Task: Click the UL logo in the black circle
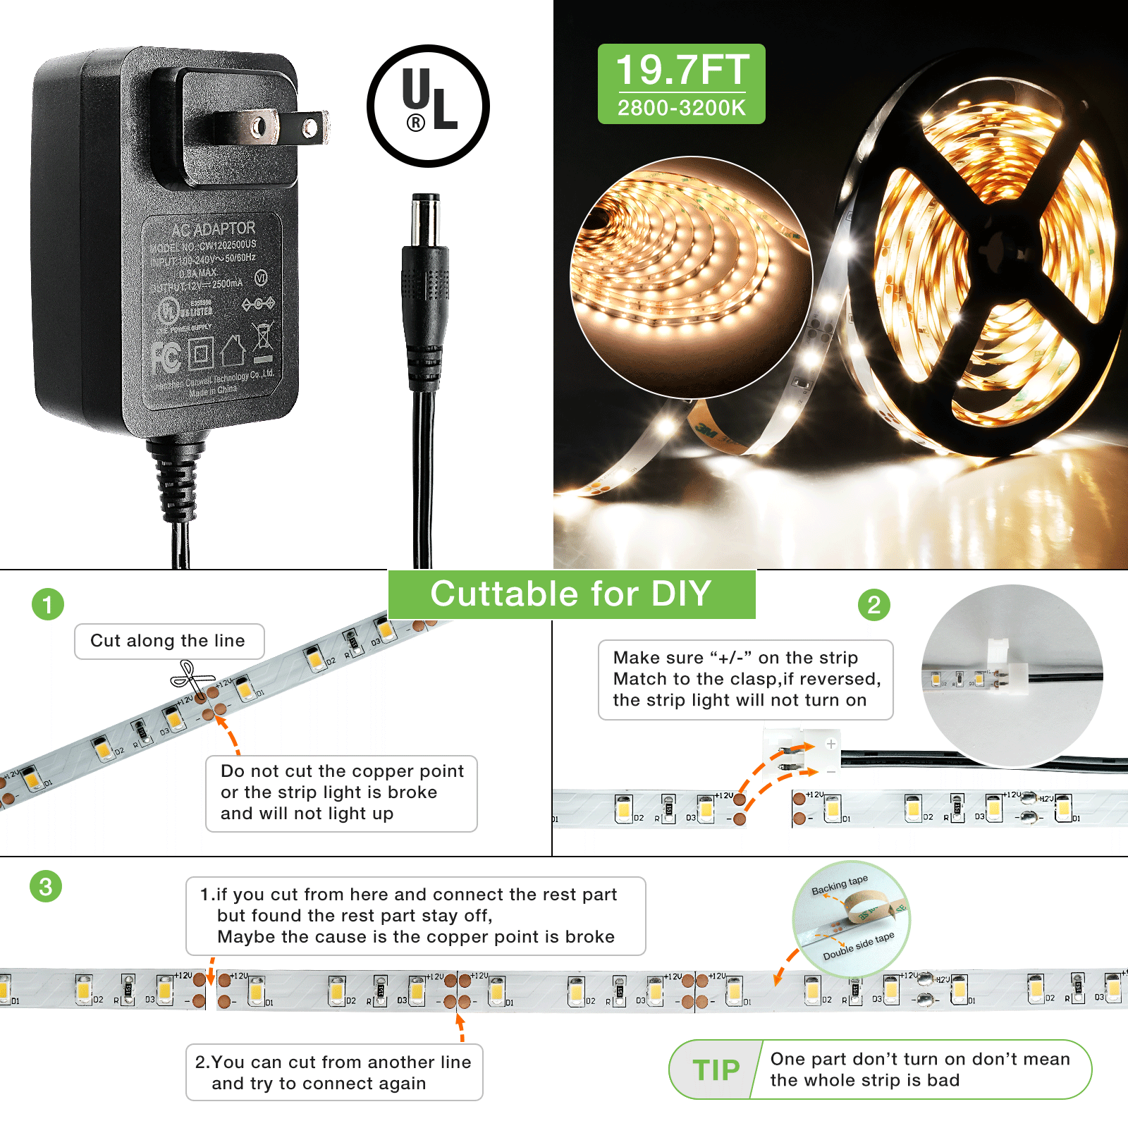point(428,106)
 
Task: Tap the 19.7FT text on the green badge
point(682,70)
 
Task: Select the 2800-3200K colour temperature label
point(681,109)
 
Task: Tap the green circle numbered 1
point(48,605)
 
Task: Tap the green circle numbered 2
point(873,605)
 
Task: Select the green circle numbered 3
point(46,886)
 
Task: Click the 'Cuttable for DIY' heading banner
point(571,594)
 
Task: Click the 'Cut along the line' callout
point(168,641)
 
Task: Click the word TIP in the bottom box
point(716,1070)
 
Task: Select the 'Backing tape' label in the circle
point(839,885)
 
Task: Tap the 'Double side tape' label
point(858,945)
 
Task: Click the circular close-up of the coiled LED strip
point(691,276)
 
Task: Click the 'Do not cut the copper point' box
point(341,792)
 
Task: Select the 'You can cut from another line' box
point(333,1072)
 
